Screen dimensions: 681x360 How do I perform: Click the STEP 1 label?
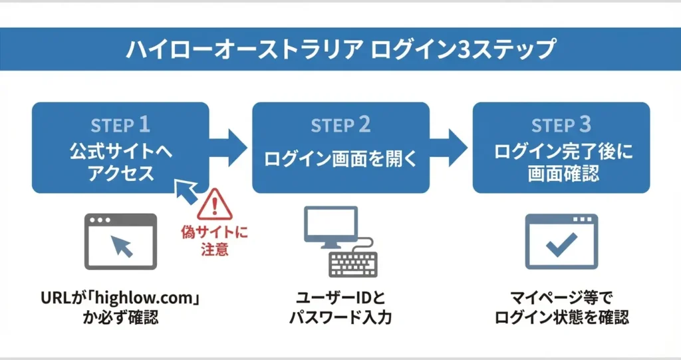tap(120, 125)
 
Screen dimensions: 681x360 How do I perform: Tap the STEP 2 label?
tap(340, 125)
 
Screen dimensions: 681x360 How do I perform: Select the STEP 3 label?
tap(561, 125)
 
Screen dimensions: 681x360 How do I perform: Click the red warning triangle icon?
tap(215, 204)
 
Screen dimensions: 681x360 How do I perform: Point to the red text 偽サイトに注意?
tap(215, 240)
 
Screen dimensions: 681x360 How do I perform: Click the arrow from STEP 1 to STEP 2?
tap(229, 148)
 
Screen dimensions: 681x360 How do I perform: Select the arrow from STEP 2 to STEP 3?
tap(449, 148)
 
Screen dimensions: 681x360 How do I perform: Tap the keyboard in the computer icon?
tap(353, 264)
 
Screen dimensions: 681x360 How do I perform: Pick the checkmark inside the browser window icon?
tap(561, 244)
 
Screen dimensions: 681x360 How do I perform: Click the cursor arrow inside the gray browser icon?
tap(122, 246)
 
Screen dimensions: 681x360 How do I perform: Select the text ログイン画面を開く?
tap(340, 159)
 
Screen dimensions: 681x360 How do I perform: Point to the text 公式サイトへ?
tap(121, 152)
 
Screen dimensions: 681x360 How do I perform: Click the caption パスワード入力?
tap(340, 317)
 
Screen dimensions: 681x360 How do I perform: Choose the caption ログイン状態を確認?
tap(561, 317)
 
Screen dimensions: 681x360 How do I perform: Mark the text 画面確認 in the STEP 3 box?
tap(563, 174)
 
